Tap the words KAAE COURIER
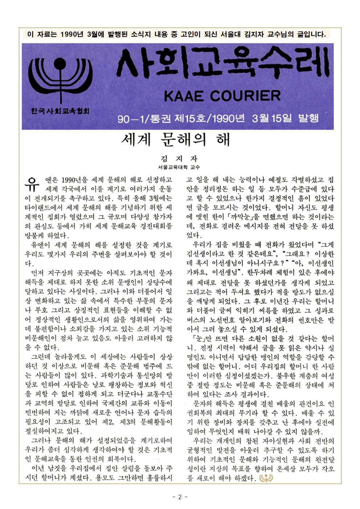[222, 96]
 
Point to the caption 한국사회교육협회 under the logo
[60, 110]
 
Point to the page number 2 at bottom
[180, 497]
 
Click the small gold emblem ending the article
[266, 479]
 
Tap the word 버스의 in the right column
[196, 320]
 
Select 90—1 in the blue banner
[130, 118]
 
